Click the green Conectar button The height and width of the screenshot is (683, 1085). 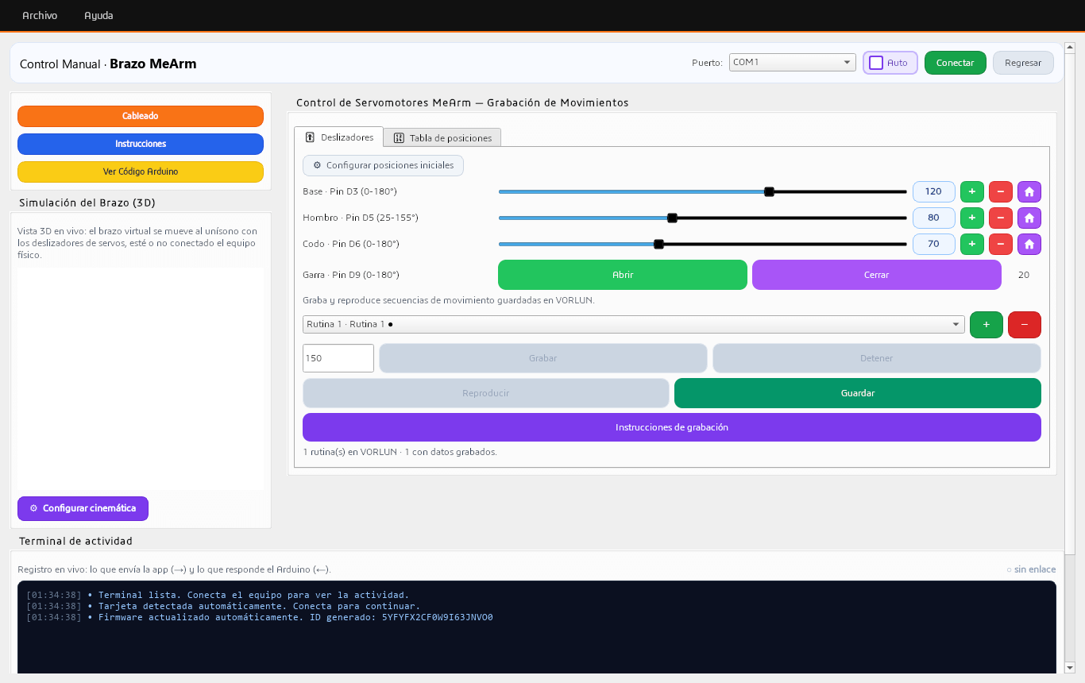(955, 63)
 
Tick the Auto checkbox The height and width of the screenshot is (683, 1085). (876, 63)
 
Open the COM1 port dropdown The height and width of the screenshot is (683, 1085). (793, 63)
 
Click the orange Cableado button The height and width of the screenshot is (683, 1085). (141, 116)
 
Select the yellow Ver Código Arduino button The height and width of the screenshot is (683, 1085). (141, 172)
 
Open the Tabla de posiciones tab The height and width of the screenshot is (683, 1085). (442, 138)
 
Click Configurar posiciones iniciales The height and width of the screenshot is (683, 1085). (383, 166)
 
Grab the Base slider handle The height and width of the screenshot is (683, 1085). (769, 192)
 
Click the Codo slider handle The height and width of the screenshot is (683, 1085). (658, 244)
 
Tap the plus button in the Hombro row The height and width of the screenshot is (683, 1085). (971, 218)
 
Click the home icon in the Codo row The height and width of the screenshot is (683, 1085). (1029, 244)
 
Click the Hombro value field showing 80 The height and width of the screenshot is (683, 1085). (933, 218)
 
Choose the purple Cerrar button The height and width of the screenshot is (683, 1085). (876, 275)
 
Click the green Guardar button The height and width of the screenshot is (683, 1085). (857, 393)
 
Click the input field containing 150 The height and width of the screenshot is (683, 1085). (338, 358)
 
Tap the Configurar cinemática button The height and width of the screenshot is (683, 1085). (83, 508)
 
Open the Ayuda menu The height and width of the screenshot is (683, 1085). (98, 16)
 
